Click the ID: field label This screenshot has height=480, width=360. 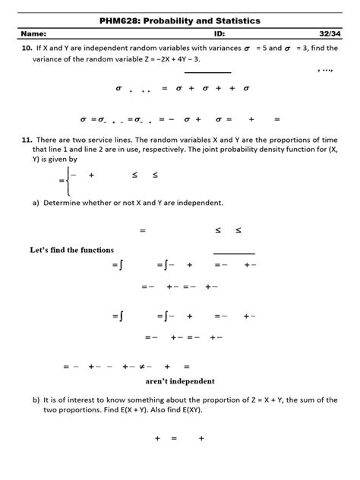[219, 34]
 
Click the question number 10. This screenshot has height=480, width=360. [26, 48]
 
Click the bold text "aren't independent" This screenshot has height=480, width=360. [179, 381]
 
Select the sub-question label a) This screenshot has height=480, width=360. [36, 203]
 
